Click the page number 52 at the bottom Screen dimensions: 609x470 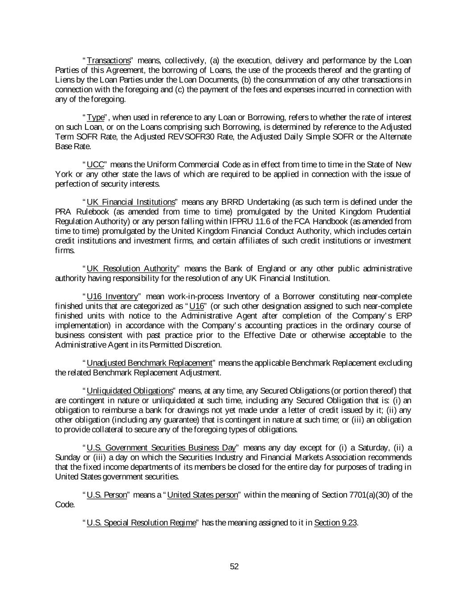[234, 566]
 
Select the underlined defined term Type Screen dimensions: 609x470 [95, 117]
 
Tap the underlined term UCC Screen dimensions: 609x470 [95, 164]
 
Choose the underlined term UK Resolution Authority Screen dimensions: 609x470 [131, 268]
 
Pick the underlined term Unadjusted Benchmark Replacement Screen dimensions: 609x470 [149, 363]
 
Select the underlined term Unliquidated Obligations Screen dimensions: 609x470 [130, 391]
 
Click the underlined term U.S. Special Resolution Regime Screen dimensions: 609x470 [141, 522]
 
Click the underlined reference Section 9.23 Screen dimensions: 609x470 [335, 522]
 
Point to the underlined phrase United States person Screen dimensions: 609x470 [202, 495]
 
